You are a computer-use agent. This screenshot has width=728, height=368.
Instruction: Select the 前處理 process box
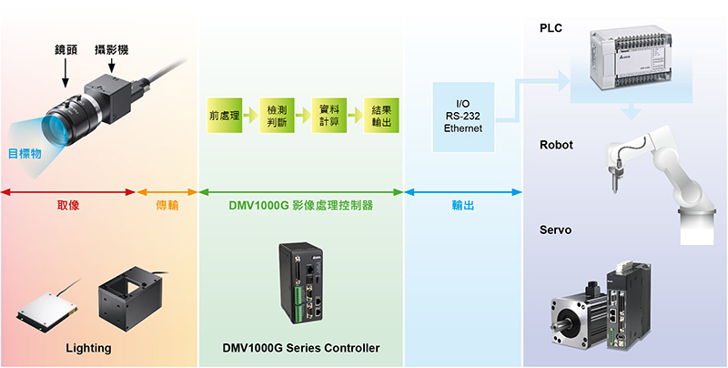click(223, 117)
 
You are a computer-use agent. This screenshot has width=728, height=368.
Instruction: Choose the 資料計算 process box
click(328, 117)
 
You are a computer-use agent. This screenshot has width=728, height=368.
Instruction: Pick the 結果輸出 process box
click(380, 117)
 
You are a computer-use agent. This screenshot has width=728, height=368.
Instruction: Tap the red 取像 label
click(68, 206)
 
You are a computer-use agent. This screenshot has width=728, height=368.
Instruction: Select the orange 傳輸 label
click(167, 206)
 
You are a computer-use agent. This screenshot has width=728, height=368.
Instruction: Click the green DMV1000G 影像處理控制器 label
click(300, 206)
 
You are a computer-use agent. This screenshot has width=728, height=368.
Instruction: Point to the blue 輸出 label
click(464, 206)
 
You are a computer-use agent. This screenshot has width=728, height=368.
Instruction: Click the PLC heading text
click(551, 28)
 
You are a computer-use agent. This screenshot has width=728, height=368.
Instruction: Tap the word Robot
click(556, 145)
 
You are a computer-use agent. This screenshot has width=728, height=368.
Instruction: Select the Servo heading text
click(555, 230)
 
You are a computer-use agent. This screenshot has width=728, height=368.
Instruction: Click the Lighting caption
click(88, 348)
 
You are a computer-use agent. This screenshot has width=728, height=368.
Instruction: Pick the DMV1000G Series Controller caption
click(300, 348)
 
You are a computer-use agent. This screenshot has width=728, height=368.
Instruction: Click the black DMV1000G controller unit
click(306, 284)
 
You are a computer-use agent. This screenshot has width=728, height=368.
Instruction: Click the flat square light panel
click(43, 312)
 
